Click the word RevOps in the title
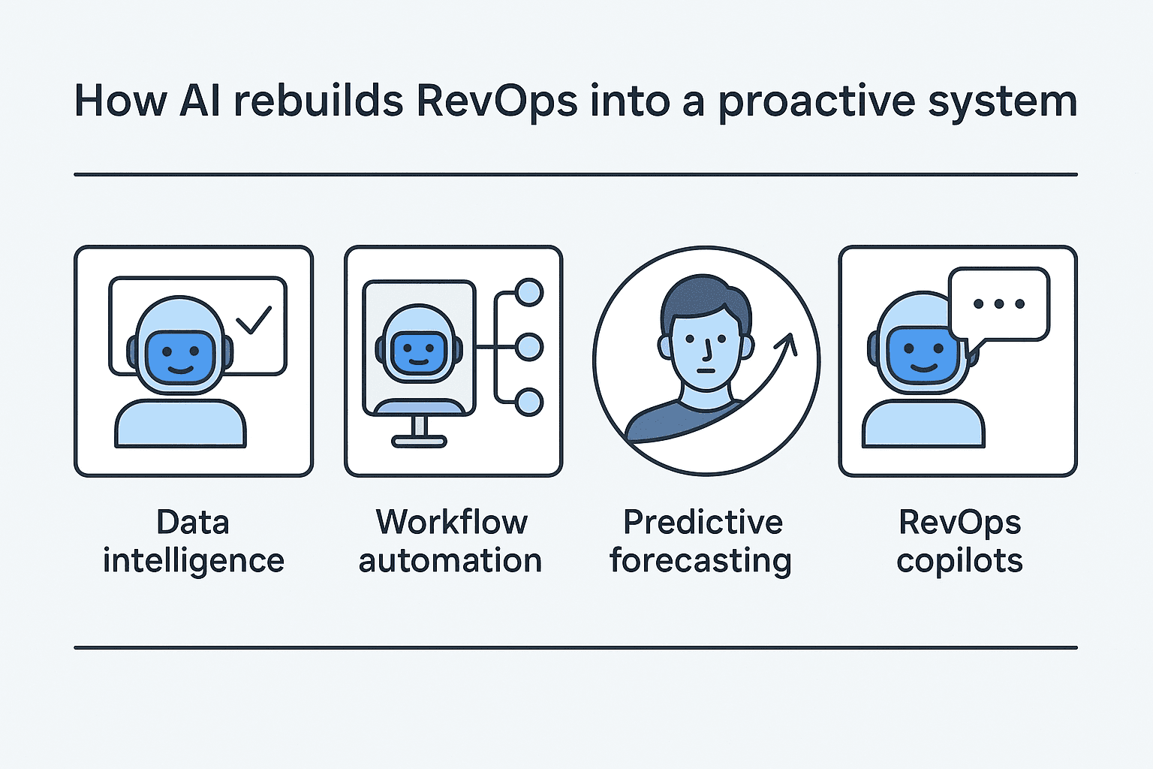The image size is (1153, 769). click(496, 101)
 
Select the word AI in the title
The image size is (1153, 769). click(200, 101)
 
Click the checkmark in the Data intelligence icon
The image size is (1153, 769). click(254, 318)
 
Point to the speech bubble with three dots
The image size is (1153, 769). click(998, 303)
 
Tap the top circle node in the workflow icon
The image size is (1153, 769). click(530, 292)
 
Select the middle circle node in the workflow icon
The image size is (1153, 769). click(530, 347)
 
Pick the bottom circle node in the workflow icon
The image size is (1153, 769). click(530, 402)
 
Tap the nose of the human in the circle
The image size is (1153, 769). click(707, 348)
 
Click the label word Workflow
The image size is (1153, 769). click(452, 522)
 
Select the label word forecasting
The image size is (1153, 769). click(700, 561)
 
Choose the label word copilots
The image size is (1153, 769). click(959, 561)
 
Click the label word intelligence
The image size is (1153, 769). click(194, 561)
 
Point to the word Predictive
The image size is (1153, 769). click(703, 522)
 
